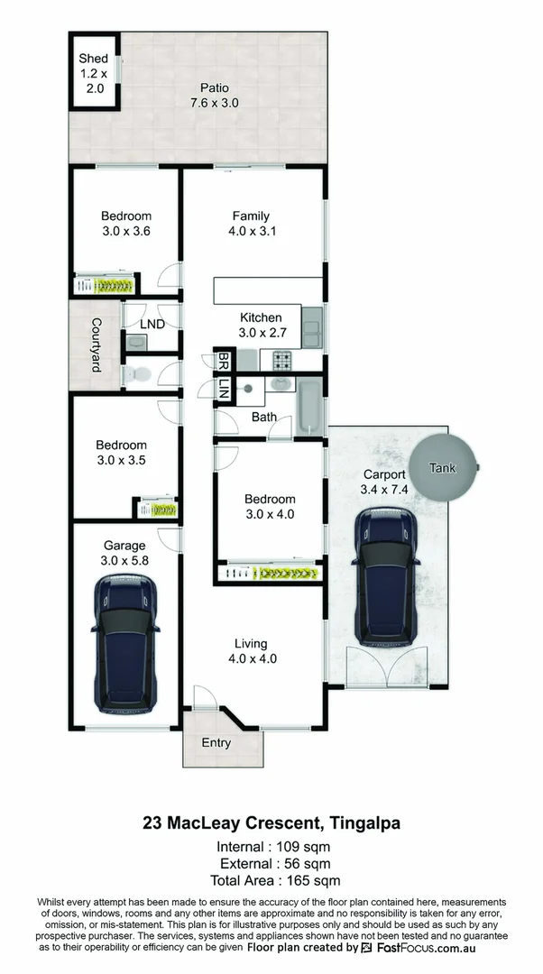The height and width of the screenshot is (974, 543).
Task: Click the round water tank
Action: [x=442, y=468]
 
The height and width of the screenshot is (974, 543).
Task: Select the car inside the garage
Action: [x=125, y=642]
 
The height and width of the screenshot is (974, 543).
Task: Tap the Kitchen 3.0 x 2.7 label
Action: [x=260, y=325]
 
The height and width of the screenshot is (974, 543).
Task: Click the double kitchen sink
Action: [x=312, y=327]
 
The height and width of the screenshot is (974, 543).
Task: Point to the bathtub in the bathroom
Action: [x=308, y=407]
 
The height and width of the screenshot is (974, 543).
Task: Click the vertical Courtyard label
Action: [x=95, y=345]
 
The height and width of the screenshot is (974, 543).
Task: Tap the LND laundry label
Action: [x=152, y=322]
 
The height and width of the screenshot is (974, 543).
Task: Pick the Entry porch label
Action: [x=216, y=743]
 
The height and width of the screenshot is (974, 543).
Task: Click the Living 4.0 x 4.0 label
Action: [x=251, y=650]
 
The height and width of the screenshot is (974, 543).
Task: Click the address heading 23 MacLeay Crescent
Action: [x=271, y=822]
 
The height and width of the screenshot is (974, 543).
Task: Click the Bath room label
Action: [x=264, y=417]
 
